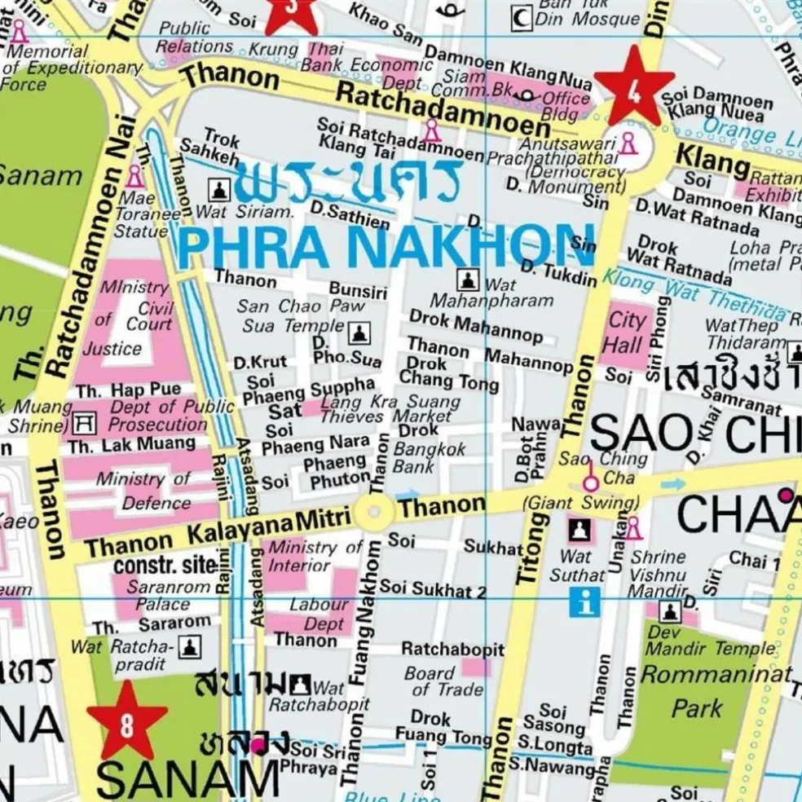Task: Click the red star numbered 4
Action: (633, 86)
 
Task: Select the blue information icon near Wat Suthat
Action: (585, 603)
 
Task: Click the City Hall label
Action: (626, 332)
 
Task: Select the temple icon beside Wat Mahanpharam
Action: (467, 280)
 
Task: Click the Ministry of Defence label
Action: (143, 491)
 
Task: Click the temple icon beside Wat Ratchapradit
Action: (189, 647)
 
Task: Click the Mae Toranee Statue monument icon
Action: (134, 175)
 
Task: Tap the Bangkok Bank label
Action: (430, 457)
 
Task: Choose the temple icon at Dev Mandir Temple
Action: (670, 611)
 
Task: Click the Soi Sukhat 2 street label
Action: (432, 588)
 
